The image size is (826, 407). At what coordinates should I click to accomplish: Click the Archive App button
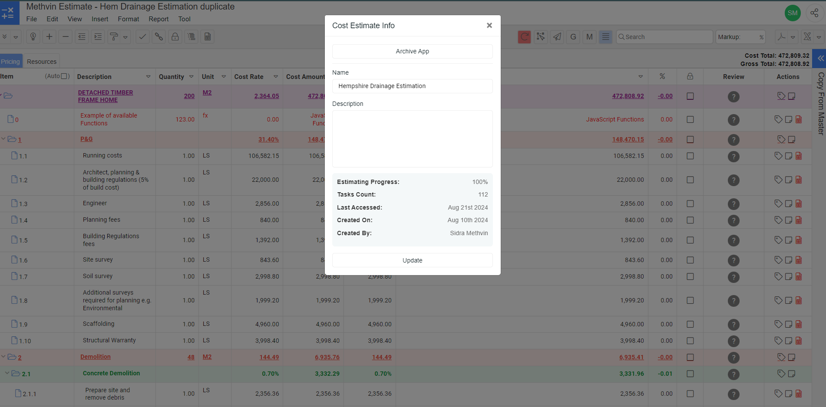pos(412,51)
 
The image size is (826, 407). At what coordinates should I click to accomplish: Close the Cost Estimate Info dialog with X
pos(489,26)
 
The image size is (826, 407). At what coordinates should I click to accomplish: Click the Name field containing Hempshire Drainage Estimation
pos(412,86)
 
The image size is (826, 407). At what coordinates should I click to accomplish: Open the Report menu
pos(159,19)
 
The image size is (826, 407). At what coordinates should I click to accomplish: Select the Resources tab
pos(42,62)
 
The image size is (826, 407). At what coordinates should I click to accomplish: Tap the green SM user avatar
pos(793,13)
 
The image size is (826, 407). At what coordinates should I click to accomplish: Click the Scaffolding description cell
pos(99,324)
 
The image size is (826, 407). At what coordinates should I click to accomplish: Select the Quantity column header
pos(172,77)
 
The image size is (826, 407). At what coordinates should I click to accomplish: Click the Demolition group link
pos(96,357)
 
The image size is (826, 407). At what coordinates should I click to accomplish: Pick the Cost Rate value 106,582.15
pos(264,156)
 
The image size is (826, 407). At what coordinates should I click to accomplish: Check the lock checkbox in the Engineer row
pos(690,203)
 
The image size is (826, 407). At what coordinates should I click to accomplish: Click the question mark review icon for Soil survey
pos(733,277)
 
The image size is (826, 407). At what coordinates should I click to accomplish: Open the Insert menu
pos(100,19)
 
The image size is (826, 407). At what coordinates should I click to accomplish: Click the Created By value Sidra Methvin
pos(469,233)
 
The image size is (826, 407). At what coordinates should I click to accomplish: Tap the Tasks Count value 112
pos(483,194)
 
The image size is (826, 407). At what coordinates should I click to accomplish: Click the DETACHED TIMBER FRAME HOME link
pos(106,96)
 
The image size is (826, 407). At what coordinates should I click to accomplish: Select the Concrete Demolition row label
pos(111,373)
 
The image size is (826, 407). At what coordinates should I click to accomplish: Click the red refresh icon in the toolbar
pos(524,37)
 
